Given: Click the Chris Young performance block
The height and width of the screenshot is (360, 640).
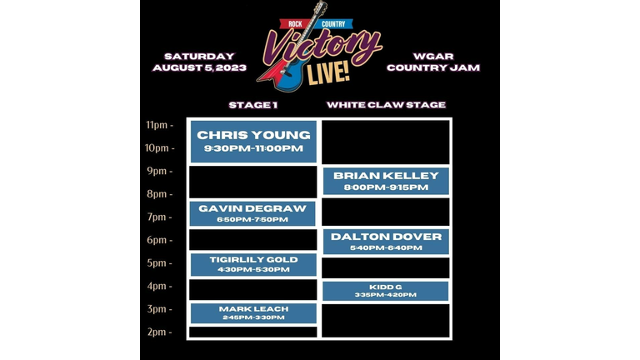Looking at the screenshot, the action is [x=253, y=142].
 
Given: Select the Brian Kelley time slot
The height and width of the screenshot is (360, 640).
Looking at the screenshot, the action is [x=386, y=181].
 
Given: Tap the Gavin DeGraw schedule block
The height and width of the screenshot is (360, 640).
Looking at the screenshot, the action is [x=252, y=213].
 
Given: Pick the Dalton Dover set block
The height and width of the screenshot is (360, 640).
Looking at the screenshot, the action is [x=386, y=242].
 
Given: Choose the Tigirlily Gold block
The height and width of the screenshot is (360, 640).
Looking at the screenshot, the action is [x=253, y=264].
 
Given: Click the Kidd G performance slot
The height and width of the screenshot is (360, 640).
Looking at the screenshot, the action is [x=386, y=291].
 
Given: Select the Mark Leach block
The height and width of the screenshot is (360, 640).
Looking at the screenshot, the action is [x=253, y=313].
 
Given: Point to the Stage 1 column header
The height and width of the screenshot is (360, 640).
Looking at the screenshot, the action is [x=253, y=105].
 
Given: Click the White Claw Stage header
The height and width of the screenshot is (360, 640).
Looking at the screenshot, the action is [x=386, y=105].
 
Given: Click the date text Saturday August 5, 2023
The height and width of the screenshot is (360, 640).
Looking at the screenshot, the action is [x=200, y=62].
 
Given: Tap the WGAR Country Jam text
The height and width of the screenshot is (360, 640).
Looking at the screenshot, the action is [x=433, y=62].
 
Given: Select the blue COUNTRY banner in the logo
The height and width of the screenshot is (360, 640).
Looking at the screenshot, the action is [x=335, y=24].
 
